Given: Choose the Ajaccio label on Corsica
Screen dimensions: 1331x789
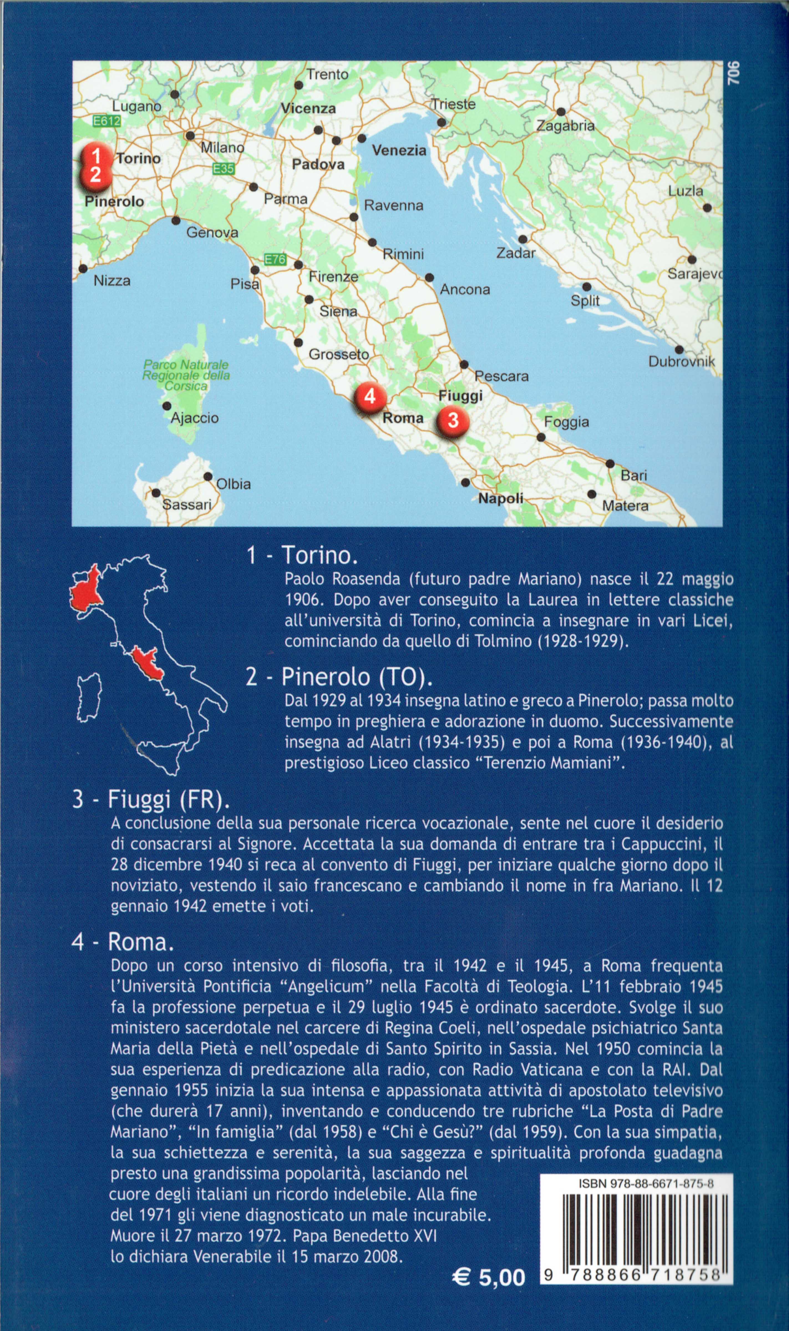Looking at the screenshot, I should tap(195, 418).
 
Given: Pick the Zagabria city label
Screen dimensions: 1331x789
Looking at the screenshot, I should tap(565, 126).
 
